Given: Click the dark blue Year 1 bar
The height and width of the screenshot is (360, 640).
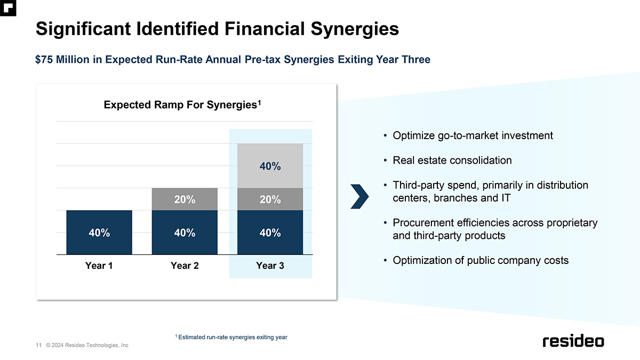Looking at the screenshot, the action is click(x=99, y=233).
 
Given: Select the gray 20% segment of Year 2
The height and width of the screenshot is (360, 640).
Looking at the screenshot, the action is click(x=185, y=199).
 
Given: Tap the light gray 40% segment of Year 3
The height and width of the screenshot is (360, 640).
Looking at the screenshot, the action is click(x=270, y=166).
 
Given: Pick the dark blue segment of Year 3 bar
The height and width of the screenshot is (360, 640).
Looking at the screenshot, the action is click(x=270, y=233).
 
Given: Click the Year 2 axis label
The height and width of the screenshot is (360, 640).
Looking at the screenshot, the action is click(x=185, y=266).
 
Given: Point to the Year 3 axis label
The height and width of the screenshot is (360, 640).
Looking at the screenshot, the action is click(x=270, y=266).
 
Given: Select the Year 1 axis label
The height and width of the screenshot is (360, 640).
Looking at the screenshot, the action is click(x=99, y=266).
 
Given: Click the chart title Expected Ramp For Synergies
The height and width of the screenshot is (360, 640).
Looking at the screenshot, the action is click(x=182, y=105).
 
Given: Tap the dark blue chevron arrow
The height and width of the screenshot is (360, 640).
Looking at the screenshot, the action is click(x=359, y=197).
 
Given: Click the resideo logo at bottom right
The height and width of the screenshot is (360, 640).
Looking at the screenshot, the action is click(x=573, y=341).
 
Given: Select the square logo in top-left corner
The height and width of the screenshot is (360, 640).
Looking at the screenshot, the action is click(x=8, y=8).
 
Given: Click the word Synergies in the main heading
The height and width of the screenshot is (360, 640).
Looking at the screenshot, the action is click(x=355, y=29).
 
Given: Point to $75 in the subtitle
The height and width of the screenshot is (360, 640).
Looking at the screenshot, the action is click(x=44, y=59).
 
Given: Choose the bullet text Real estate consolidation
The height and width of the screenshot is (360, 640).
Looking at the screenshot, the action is click(x=452, y=161).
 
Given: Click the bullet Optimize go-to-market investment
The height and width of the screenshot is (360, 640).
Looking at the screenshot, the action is click(x=473, y=135).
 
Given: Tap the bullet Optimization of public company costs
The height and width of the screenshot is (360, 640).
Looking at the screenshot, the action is click(x=481, y=260).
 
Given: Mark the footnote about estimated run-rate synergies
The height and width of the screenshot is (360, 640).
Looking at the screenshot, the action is click(x=231, y=337).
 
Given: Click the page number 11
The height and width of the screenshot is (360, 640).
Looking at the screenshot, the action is click(x=38, y=345).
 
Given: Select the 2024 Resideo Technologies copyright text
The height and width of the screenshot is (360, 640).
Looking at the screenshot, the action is click(x=87, y=345).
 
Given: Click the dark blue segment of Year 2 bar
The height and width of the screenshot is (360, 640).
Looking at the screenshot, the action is click(x=185, y=233).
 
